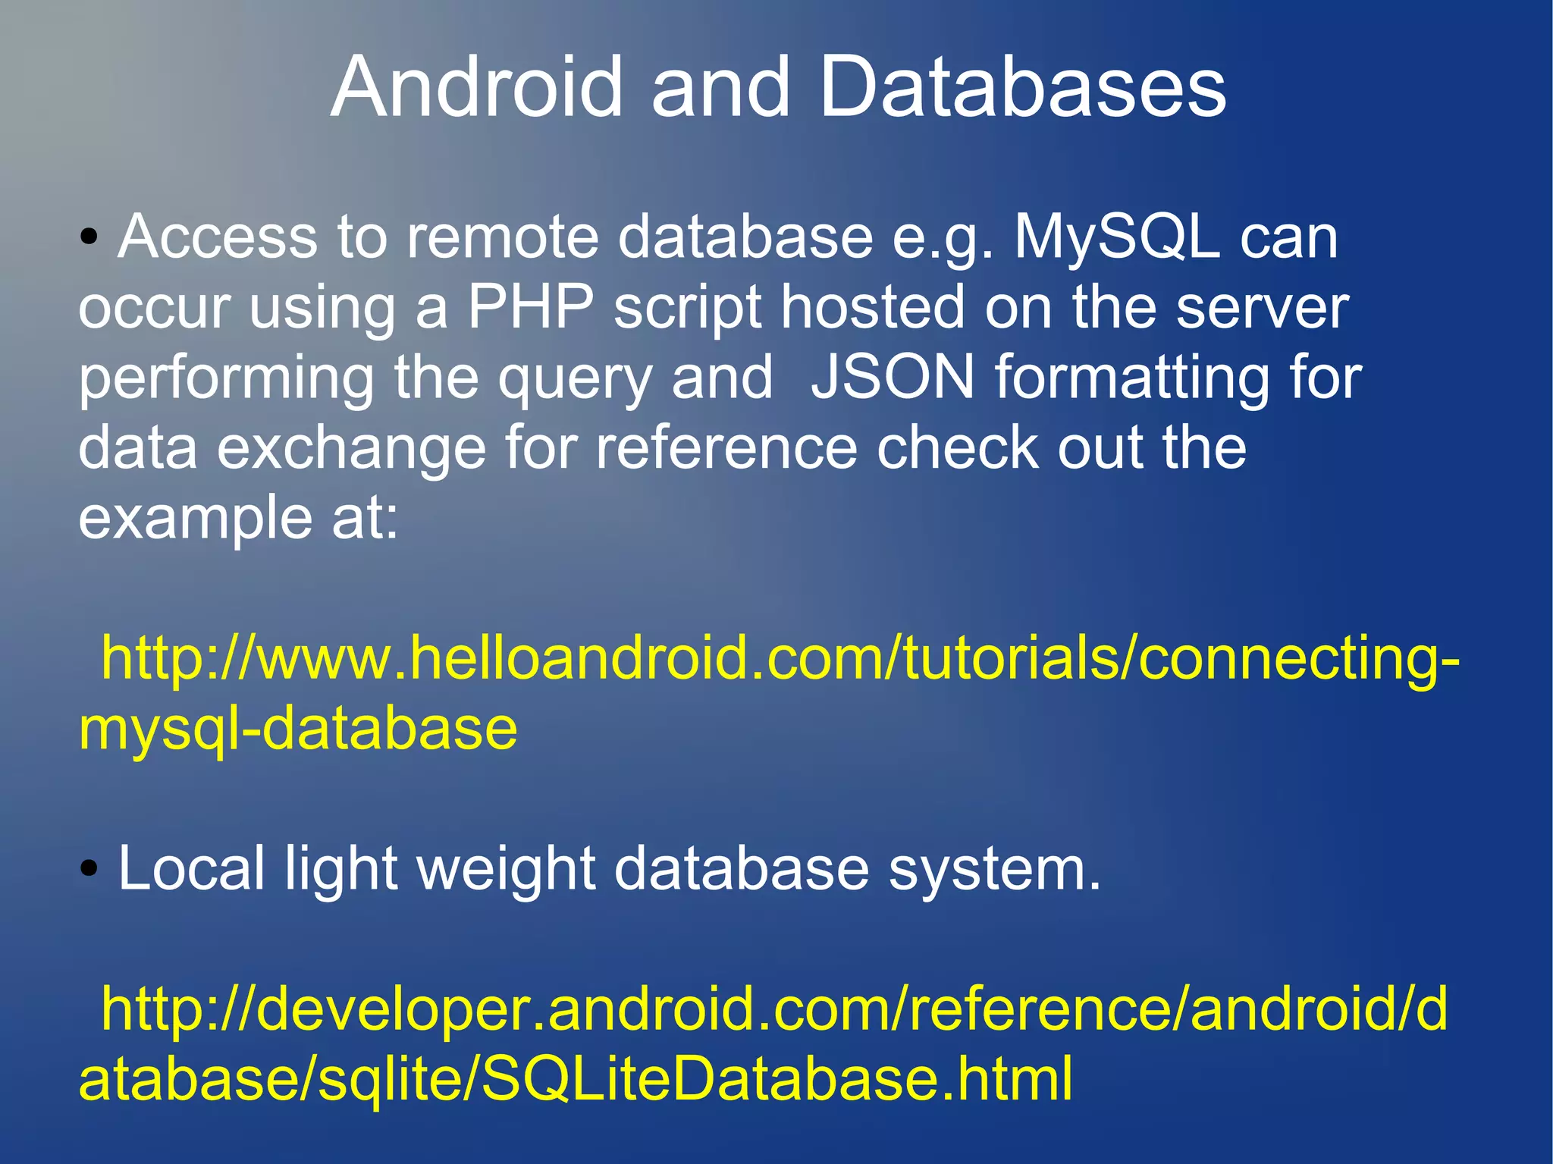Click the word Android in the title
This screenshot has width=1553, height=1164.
tap(476, 87)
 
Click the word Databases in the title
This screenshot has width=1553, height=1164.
tap(1022, 87)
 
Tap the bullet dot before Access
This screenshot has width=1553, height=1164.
tap(89, 237)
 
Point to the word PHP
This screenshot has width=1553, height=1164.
tap(529, 307)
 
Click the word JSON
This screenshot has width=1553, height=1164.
tap(893, 377)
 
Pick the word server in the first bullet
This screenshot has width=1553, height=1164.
tap(1262, 307)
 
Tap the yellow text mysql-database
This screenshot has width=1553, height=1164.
tap(298, 729)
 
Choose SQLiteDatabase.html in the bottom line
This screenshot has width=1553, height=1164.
tap(776, 1078)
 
